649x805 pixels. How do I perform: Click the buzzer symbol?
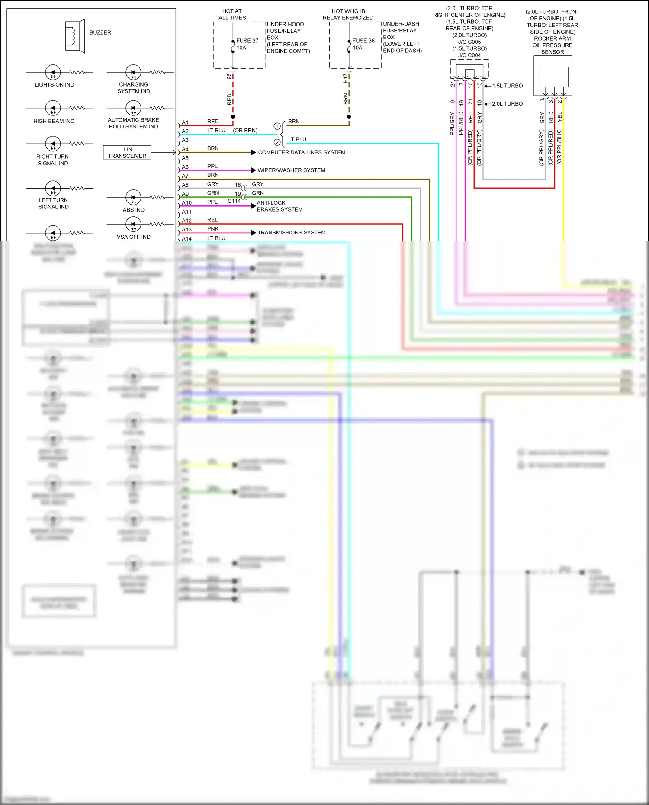(x=74, y=36)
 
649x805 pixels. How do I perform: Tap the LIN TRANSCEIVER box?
(x=127, y=152)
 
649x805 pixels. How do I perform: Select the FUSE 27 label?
(x=247, y=41)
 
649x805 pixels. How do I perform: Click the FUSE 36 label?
(x=363, y=41)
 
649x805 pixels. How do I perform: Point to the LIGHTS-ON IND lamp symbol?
(x=53, y=72)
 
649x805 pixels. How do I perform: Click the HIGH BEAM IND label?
(x=54, y=121)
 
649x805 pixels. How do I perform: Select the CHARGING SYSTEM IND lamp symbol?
(x=133, y=72)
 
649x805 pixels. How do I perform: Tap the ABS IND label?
(x=133, y=210)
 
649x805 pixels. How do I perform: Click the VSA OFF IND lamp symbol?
(x=133, y=224)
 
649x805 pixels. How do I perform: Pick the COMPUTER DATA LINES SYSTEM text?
(x=302, y=152)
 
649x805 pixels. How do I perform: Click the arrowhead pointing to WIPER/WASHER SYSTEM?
(x=254, y=170)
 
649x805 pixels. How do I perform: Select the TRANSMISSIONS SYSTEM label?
(x=292, y=233)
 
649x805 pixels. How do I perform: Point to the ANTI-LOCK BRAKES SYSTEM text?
(x=280, y=206)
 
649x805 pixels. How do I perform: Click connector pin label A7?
(x=185, y=176)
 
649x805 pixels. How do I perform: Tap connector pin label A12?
(x=186, y=221)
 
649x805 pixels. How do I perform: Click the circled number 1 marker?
(x=277, y=126)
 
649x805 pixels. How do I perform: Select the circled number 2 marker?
(x=277, y=142)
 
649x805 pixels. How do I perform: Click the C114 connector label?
(x=234, y=201)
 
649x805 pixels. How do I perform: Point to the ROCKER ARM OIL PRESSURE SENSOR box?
(x=553, y=77)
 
